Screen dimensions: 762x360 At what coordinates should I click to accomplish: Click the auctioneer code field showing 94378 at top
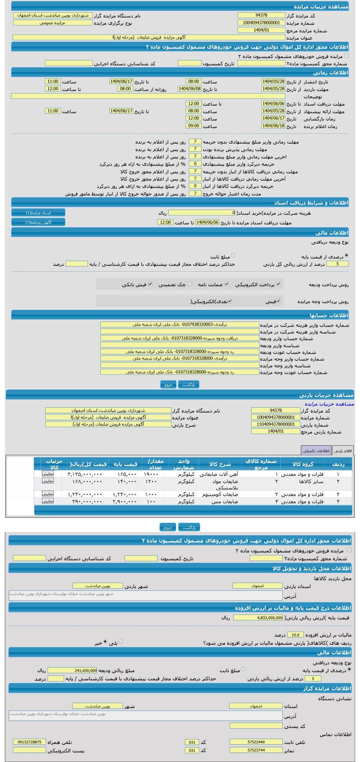(x=261, y=15)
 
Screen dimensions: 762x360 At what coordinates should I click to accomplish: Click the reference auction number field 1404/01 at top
(x=261, y=30)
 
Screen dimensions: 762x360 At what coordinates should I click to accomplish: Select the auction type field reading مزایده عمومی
(x=53, y=23)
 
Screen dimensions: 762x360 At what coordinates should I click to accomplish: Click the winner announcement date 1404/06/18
(x=273, y=126)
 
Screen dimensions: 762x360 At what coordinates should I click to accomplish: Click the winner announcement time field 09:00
(x=194, y=126)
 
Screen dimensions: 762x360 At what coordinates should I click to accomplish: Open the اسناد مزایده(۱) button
(x=38, y=213)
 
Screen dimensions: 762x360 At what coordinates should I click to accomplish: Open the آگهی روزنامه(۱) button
(x=38, y=222)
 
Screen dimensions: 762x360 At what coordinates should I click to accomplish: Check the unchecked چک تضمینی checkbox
(x=189, y=284)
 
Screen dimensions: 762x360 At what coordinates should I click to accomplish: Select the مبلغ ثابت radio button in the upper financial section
(x=233, y=255)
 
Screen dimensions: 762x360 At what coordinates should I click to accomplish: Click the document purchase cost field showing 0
(x=202, y=213)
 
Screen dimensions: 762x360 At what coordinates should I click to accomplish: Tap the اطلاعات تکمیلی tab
(x=316, y=451)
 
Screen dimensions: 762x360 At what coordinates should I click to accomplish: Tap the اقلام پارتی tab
(x=343, y=451)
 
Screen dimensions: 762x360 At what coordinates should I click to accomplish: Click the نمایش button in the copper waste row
(x=48, y=501)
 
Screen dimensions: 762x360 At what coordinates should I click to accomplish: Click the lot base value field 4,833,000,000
(x=258, y=618)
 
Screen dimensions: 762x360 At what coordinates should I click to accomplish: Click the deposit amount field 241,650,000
(x=72, y=670)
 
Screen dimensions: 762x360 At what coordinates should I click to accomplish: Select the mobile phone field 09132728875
(x=29, y=742)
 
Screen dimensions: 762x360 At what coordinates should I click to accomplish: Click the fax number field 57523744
(x=256, y=750)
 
